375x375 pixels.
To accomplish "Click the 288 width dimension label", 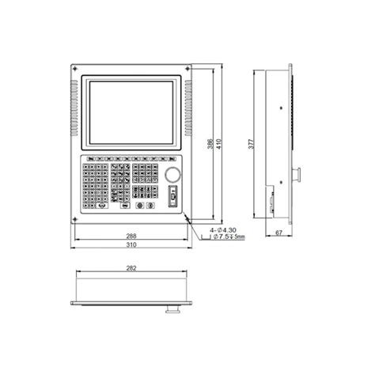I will click(131, 236).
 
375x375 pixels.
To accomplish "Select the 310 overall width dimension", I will click(131, 245).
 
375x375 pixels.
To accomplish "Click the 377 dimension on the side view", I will click(251, 145).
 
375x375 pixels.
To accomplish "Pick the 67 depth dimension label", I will click(279, 233).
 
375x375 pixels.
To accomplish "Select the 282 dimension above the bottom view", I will click(131, 269).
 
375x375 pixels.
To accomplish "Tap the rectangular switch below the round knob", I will click(172, 195).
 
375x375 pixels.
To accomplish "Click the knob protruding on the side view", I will click(300, 173).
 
